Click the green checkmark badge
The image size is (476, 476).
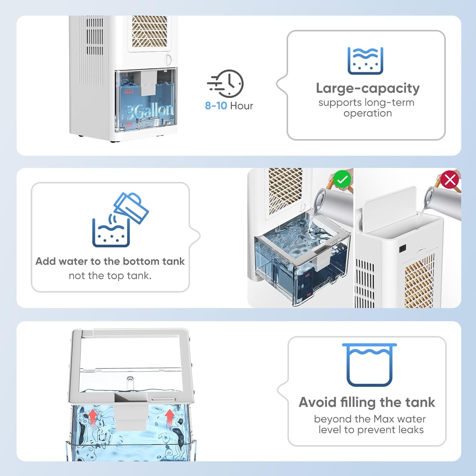tap(342, 180)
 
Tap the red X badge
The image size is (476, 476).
tap(450, 180)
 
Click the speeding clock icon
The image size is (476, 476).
tap(226, 83)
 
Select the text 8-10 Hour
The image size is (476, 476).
tap(229, 106)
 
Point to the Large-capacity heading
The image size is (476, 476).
tap(367, 88)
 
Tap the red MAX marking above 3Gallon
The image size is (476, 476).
tap(129, 92)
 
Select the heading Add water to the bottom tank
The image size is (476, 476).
tap(110, 261)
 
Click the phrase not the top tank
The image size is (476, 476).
tap(110, 275)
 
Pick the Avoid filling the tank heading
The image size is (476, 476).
tap(367, 402)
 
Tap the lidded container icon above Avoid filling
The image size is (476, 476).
tap(369, 365)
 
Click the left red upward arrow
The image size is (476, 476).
tap(92, 416)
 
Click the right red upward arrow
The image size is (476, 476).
tap(170, 416)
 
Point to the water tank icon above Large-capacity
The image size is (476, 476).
tap(365, 61)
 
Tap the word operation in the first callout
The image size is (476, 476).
tap(367, 113)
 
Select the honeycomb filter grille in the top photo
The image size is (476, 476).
tap(149, 32)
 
